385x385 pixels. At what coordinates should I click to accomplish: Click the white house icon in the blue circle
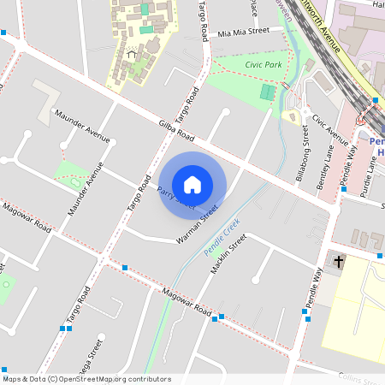pos(192,184)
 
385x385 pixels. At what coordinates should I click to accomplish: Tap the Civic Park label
pos(263,64)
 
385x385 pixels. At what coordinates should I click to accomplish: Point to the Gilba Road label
pos(177,130)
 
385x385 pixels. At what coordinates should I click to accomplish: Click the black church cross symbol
pos(339,262)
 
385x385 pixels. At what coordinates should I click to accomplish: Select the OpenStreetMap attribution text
pos(86,379)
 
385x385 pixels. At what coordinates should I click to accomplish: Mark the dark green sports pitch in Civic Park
pos(269,92)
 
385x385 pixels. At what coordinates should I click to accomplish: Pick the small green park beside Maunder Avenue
pos(73,174)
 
